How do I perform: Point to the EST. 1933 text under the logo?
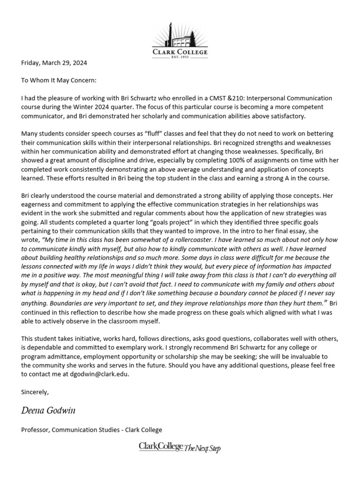pos(180,57)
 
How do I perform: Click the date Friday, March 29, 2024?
pos(54,63)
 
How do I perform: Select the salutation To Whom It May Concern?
pos(59,81)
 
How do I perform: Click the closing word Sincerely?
pos(35,392)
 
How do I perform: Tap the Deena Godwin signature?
pos(48,411)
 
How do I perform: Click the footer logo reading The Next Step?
pos(180,448)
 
